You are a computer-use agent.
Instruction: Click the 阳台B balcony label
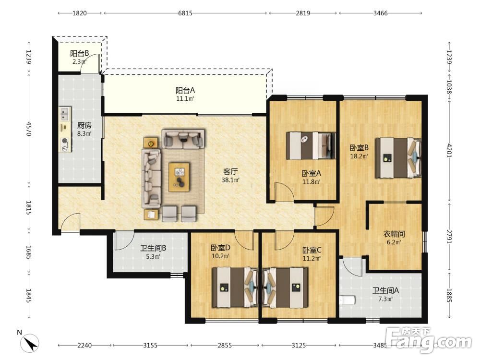(x=79, y=53)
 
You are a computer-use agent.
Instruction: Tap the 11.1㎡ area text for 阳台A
(x=185, y=98)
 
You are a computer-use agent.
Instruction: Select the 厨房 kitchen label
(x=84, y=125)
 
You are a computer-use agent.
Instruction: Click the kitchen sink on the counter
(x=65, y=114)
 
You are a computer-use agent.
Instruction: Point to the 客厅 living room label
(x=230, y=171)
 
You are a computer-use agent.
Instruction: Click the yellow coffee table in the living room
(x=179, y=177)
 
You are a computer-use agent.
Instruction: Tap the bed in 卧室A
(x=311, y=146)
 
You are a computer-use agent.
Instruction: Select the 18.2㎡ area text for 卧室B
(x=359, y=156)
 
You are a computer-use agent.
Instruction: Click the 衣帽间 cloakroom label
(x=394, y=234)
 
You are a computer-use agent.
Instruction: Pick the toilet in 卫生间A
(x=347, y=300)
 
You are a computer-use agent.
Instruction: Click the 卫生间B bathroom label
(x=153, y=248)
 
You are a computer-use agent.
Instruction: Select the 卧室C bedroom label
(x=312, y=250)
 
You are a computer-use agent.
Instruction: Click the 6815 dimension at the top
(x=185, y=13)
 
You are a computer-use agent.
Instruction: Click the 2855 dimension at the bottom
(x=225, y=345)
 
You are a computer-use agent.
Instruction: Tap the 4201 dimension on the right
(x=449, y=150)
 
